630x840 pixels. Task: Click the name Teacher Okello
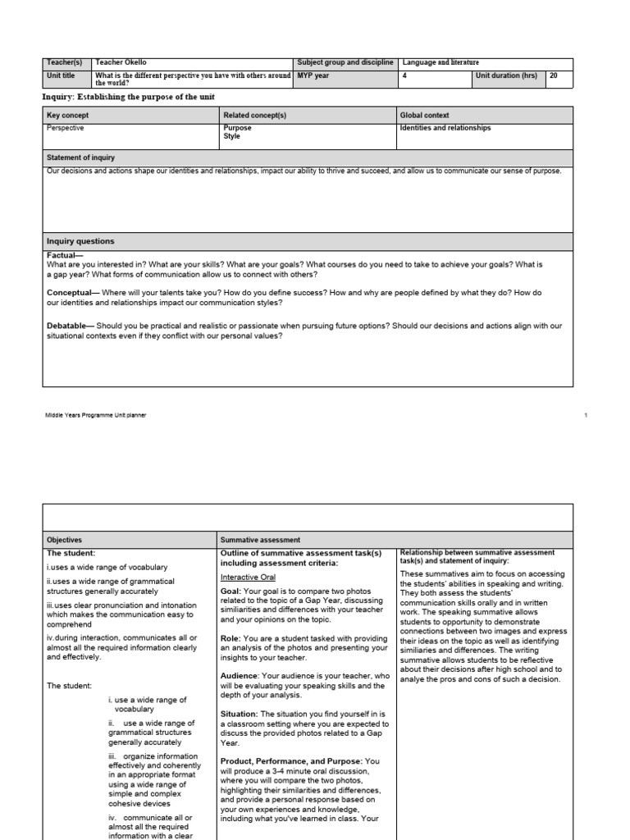[x=121, y=63]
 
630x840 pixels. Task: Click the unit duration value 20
[x=555, y=75]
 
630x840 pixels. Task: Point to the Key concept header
[x=67, y=116]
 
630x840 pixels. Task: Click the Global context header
[x=424, y=116]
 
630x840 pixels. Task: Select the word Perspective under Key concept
[x=66, y=128]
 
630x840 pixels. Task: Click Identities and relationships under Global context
[x=445, y=128]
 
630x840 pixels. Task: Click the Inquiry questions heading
[x=80, y=241]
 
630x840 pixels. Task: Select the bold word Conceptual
[x=72, y=292]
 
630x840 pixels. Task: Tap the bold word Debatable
[x=71, y=326]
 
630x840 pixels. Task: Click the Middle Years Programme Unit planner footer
[x=96, y=415]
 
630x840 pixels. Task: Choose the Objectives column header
[x=65, y=541]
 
